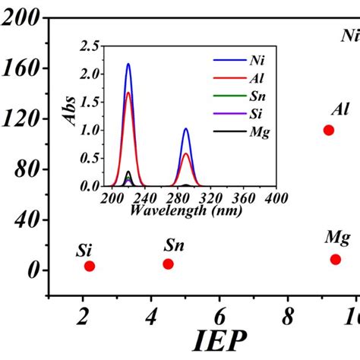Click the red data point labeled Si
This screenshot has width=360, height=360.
[x=90, y=266]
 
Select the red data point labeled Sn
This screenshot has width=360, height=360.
[x=168, y=264]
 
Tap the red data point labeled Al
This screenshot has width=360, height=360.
[x=329, y=130]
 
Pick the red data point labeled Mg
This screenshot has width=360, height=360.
[x=336, y=259]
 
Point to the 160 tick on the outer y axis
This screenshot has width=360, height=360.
[x=24, y=69]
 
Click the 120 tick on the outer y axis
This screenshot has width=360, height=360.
[x=24, y=119]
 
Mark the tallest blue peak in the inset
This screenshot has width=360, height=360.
[x=128, y=65]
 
